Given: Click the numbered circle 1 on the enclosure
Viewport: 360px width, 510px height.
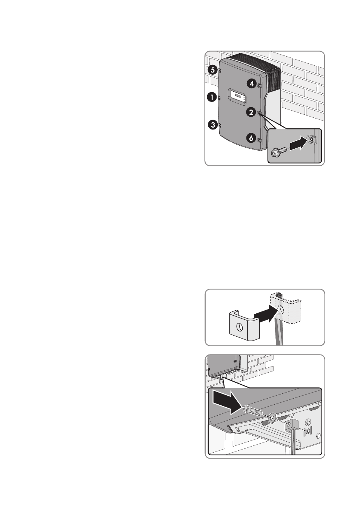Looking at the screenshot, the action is (212, 97).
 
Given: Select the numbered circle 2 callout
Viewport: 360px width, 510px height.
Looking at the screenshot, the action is (251, 112).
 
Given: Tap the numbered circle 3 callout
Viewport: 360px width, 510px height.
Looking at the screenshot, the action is (213, 125).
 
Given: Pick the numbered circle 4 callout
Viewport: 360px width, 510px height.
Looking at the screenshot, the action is (251, 84).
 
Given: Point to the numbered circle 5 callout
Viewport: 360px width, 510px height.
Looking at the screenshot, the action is (212, 70).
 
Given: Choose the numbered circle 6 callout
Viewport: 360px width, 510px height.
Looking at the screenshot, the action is (251, 138).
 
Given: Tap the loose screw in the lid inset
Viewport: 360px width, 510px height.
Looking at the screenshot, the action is (278, 152).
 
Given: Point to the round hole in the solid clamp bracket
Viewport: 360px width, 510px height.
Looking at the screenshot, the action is (239, 328).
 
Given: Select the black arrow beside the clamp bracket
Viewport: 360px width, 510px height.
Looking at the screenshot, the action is (267, 314).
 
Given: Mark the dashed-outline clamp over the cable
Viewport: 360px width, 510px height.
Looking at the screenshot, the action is (286, 307).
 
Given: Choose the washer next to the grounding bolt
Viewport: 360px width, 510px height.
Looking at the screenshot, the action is (271, 418).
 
